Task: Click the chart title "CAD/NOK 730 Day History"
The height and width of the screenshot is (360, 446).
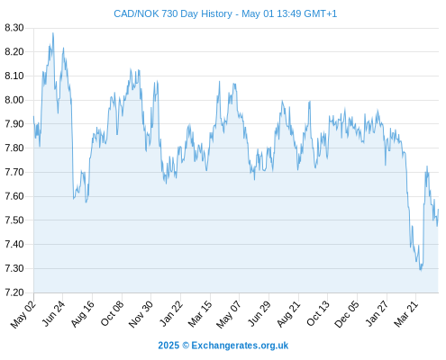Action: point(173,13)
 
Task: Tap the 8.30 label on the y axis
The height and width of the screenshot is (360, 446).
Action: point(14,28)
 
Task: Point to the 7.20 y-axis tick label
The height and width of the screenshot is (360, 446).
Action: point(14,292)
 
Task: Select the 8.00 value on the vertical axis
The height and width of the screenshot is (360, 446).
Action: point(14,100)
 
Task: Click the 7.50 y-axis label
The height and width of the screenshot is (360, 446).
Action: point(14,220)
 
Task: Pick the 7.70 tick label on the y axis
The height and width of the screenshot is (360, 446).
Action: point(14,172)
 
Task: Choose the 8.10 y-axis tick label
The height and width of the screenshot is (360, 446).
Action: point(14,76)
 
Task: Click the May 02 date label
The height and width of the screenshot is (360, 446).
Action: point(23,314)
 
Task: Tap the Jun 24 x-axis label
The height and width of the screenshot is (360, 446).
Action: point(53,313)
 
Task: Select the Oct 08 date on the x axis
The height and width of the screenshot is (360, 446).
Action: point(112,313)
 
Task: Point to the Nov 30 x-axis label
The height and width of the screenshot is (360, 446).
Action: point(141,314)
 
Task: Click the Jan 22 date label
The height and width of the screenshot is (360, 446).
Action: point(171,313)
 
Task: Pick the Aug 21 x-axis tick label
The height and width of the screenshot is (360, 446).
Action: point(288,313)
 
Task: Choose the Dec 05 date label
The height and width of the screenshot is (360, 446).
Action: point(346,314)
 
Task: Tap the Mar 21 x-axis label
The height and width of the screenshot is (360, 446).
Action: point(406,313)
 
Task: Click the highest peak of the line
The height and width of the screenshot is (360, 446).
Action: point(53,33)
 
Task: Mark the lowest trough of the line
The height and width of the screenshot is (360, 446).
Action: point(421,271)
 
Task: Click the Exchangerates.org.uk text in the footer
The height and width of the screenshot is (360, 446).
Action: point(240,346)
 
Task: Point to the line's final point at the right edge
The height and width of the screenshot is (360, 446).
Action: point(439,209)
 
